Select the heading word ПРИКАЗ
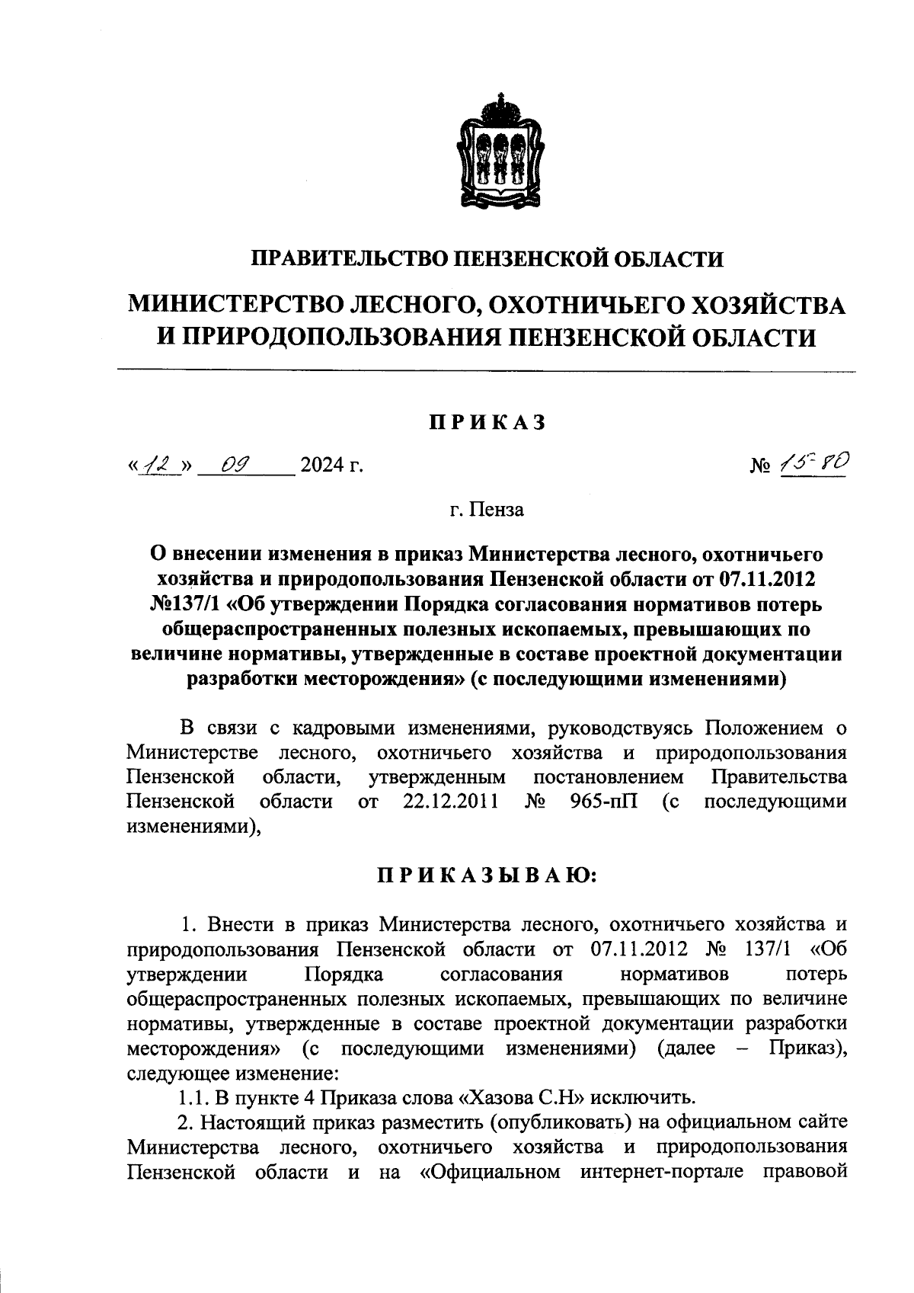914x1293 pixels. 487,423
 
